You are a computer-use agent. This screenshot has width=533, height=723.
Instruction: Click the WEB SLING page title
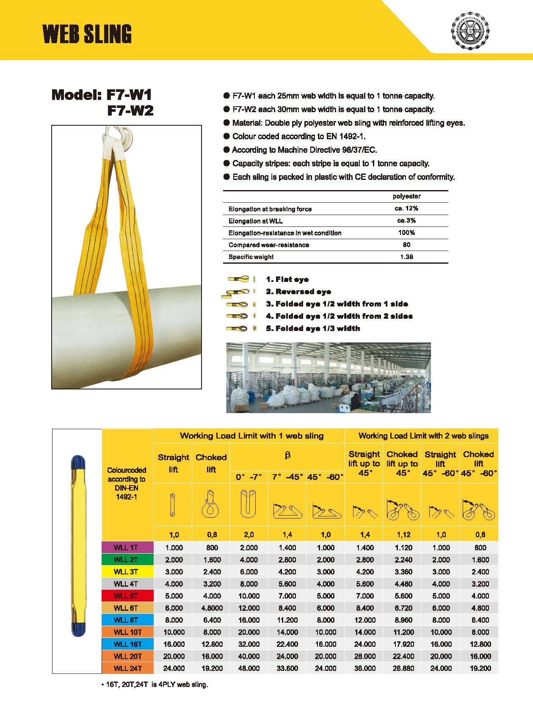coord(87,34)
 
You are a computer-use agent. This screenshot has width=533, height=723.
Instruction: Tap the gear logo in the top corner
coord(471,30)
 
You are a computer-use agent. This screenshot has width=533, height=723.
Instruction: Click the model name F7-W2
coord(130,110)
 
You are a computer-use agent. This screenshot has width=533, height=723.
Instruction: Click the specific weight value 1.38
coord(406,257)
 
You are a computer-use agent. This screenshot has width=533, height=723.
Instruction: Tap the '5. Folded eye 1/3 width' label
coord(313,328)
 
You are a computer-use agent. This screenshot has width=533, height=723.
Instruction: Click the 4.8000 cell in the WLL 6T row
coord(212,608)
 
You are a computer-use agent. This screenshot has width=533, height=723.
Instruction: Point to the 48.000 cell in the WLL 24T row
coord(249,668)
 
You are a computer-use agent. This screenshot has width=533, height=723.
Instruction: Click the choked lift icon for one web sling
coord(210,504)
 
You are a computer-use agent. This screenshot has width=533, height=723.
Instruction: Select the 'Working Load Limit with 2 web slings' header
coord(423,436)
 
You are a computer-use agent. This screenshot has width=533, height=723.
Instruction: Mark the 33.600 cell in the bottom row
coord(287,668)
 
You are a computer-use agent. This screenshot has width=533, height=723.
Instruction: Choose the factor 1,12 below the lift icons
coord(403,535)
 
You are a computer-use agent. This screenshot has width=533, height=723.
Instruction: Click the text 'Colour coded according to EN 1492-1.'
coord(299,136)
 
